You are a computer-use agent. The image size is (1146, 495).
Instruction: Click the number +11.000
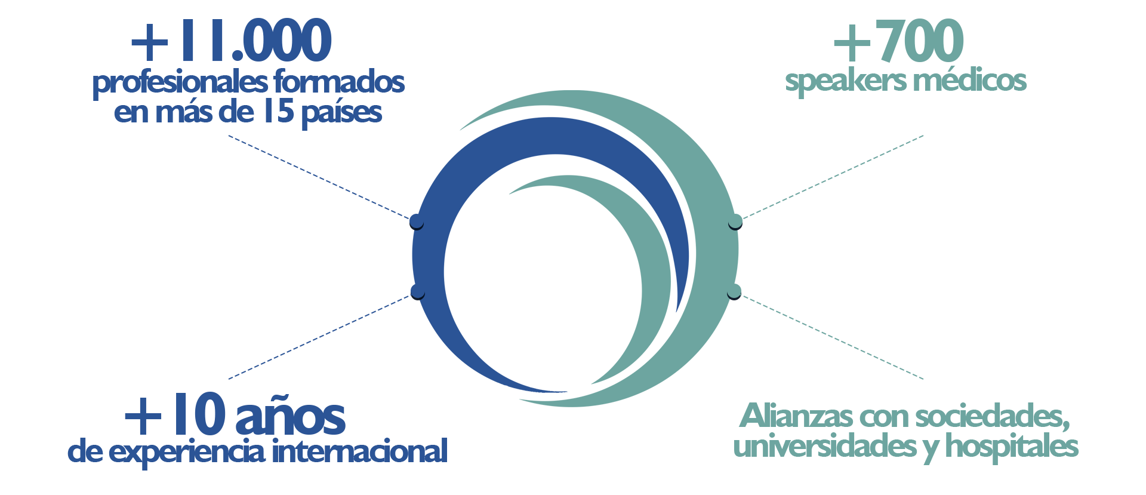231,41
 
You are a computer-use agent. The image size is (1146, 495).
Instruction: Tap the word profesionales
180,83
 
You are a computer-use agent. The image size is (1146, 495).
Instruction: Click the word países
341,113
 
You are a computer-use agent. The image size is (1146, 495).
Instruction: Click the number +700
898,41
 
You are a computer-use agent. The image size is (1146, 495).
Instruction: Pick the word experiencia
188,452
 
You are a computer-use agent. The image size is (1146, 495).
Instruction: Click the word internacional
360,451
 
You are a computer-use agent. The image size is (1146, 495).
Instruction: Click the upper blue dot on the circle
417,222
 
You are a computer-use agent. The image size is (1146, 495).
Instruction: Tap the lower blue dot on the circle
418,291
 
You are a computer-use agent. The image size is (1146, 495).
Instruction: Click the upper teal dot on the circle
735,222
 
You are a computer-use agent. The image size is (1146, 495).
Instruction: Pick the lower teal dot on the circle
734,291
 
